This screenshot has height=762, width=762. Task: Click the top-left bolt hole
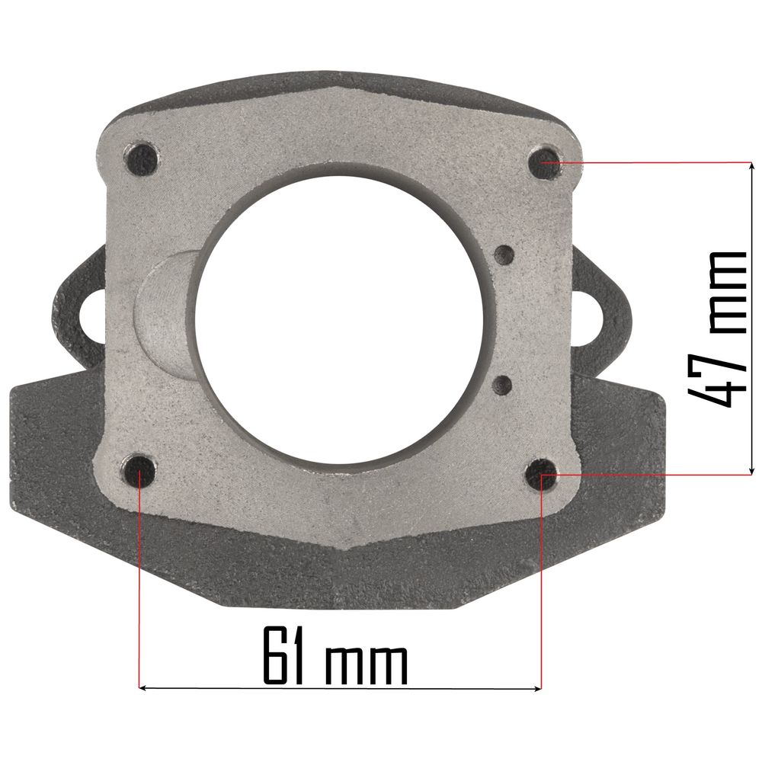(141, 158)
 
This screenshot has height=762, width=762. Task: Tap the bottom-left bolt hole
(139, 470)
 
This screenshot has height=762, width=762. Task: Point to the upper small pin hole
(504, 254)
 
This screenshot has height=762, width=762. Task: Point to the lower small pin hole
(502, 386)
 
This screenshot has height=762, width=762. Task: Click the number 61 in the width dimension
(283, 655)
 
